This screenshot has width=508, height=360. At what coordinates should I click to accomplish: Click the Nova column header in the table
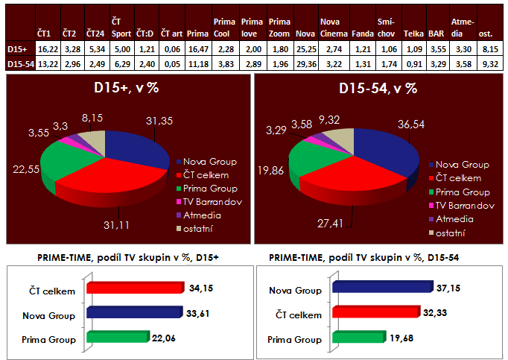coord(303,34)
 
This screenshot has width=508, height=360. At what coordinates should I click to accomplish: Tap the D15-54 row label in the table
coord(17,64)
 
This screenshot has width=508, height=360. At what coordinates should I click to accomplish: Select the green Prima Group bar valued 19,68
coord(358,338)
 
